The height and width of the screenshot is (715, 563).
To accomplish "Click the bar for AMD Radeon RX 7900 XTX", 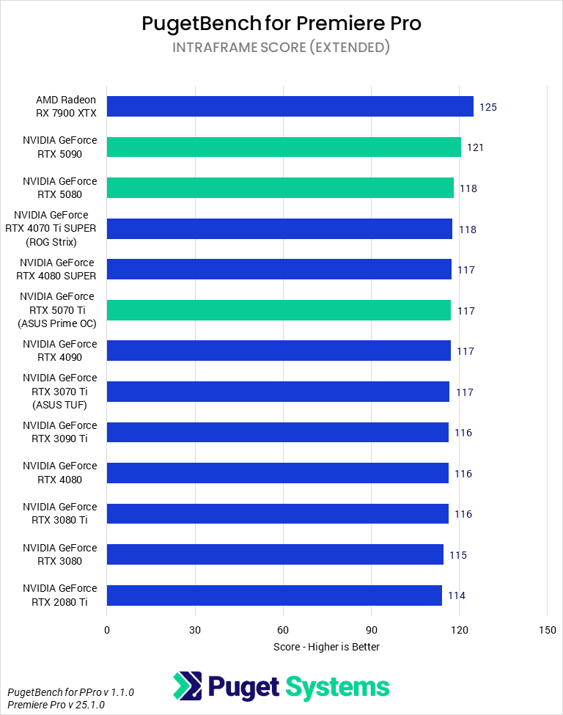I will [290, 106].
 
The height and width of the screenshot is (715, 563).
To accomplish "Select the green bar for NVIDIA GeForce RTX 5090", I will [284, 147].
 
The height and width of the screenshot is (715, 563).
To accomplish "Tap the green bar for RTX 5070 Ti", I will [279, 310].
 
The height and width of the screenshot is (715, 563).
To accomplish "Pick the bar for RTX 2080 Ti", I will [274, 595].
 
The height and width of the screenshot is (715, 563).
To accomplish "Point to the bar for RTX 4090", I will [279, 351].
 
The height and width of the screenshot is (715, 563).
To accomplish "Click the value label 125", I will [488, 107].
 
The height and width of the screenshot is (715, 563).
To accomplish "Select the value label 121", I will [475, 147].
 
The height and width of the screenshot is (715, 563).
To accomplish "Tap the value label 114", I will [456, 595].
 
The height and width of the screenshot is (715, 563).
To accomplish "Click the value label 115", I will [457, 555].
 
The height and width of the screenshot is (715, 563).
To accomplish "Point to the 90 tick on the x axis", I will [371, 630].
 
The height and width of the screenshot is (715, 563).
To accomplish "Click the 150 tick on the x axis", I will [547, 630].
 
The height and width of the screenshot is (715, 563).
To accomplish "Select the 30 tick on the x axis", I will [195, 630].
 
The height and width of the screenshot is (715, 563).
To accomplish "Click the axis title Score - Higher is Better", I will [326, 647].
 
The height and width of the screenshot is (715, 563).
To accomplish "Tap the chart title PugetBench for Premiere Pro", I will [281, 23].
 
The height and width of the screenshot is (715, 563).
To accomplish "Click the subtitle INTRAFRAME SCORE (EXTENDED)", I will [281, 48].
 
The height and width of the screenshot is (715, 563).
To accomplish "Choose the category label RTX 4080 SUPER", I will [58, 270].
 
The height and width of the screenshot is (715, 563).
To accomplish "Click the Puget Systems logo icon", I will [188, 686].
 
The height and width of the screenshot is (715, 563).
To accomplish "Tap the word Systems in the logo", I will [337, 687].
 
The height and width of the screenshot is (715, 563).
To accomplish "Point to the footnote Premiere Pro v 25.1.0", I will [56, 705].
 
